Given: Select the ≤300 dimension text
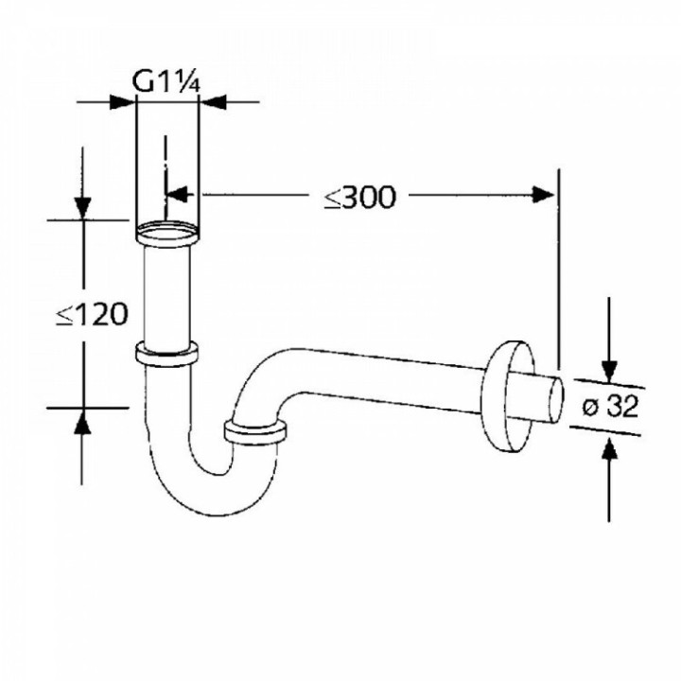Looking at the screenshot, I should [359, 197].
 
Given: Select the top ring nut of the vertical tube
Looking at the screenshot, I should [167, 232].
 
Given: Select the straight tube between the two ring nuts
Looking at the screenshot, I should [167, 293].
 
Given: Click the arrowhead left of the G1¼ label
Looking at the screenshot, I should [123, 100].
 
